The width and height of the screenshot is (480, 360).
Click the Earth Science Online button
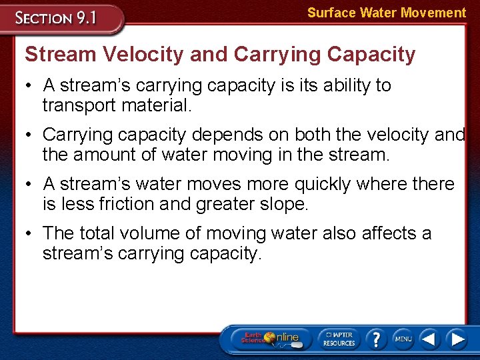[x=270, y=338]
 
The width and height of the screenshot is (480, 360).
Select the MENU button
[x=403, y=339]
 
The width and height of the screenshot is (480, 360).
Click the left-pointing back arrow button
[x=429, y=339]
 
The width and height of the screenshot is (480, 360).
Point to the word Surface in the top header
[x=329, y=13]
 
